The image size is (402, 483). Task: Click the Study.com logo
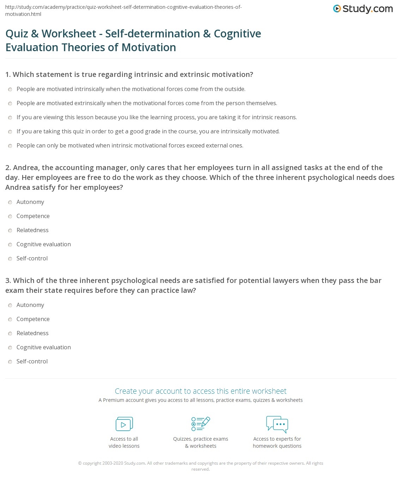[363, 9]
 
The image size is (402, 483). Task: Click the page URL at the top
[123, 11]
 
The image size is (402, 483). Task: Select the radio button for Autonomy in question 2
[10, 202]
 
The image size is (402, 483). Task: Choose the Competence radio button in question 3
[10, 319]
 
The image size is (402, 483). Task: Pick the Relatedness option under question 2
[10, 230]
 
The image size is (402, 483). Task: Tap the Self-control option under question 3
[10, 362]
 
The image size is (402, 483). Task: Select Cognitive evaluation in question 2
[10, 244]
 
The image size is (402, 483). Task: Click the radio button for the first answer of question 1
[10, 89]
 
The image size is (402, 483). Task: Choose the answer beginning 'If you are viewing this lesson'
[10, 117]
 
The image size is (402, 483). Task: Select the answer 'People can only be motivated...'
[10, 146]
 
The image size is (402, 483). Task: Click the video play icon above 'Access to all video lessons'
[124, 424]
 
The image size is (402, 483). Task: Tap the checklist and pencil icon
[201, 424]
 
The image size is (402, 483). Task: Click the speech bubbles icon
[277, 424]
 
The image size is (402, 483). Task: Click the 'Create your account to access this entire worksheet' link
[200, 391]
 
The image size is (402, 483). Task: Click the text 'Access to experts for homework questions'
[277, 442]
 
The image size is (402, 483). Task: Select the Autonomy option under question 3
[10, 305]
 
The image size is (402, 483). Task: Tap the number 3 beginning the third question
[7, 280]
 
